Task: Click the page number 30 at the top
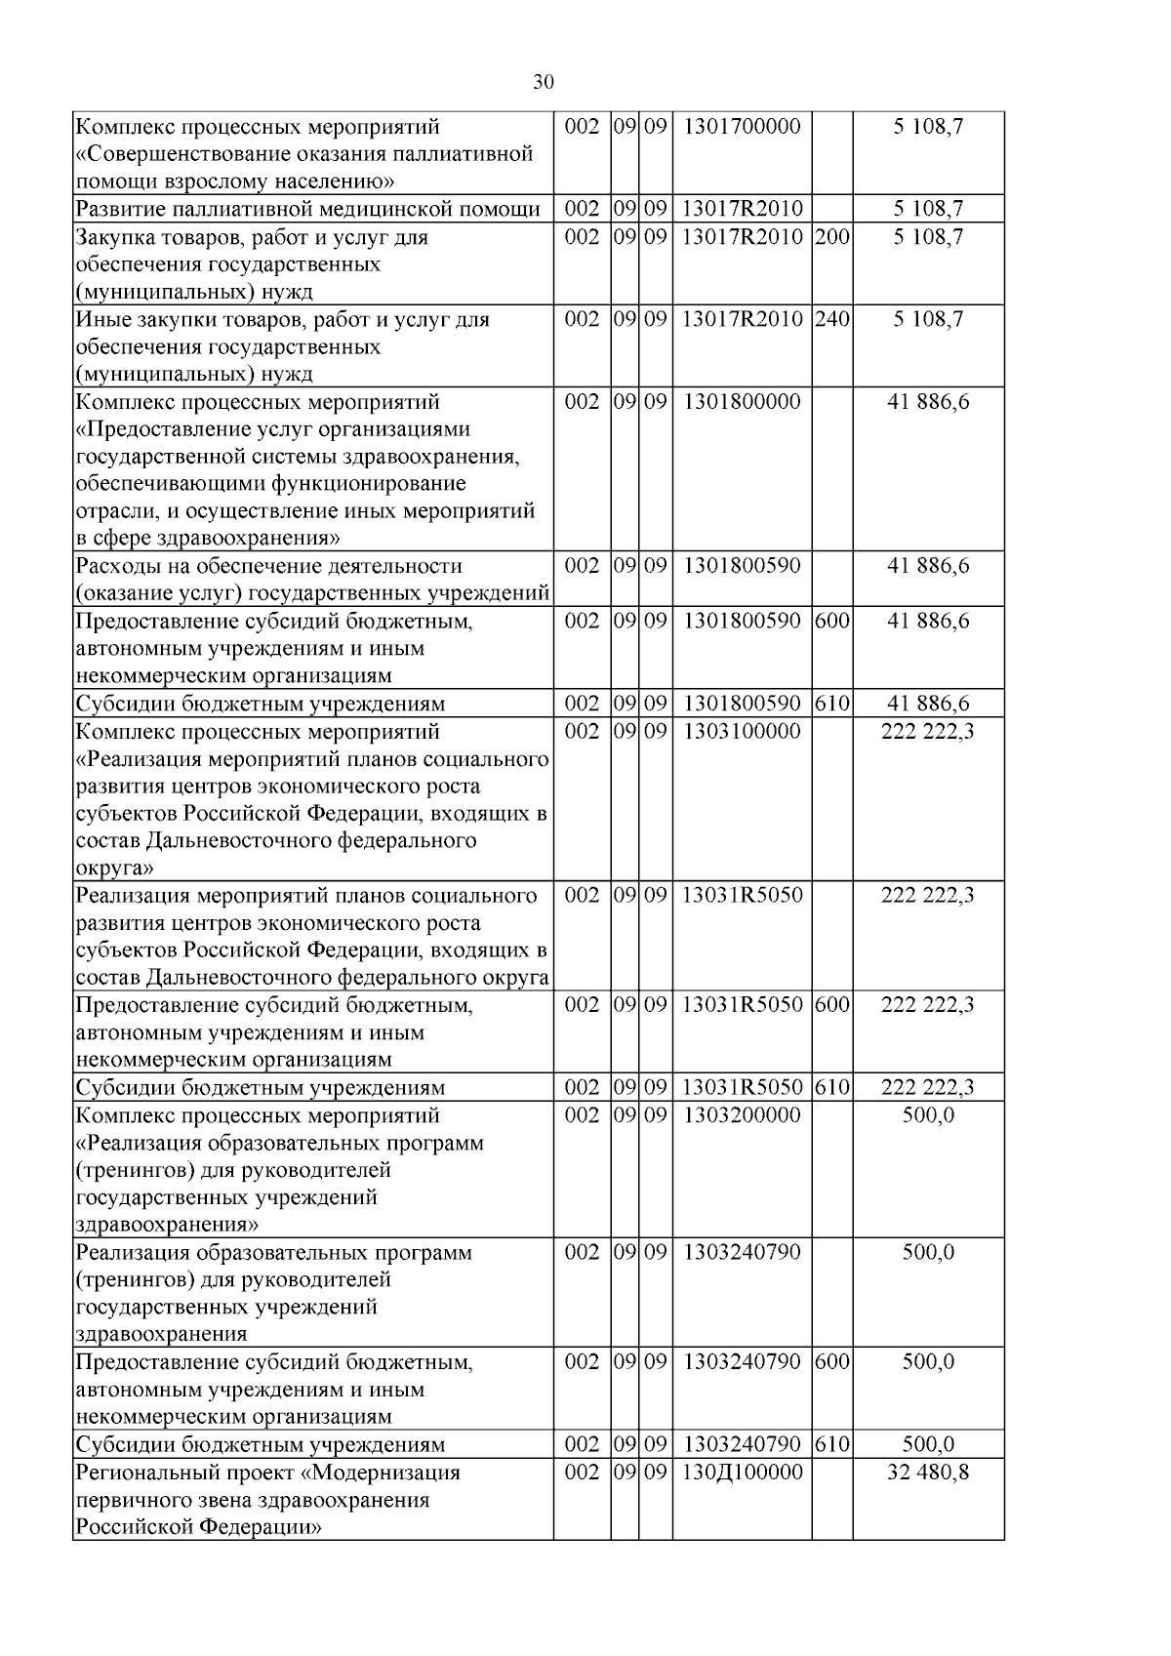click(x=544, y=82)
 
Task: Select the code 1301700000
click(x=742, y=127)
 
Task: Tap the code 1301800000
click(x=742, y=402)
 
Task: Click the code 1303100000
click(x=742, y=732)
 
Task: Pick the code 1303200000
click(x=742, y=1115)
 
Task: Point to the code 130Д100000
click(x=742, y=1473)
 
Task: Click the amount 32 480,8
click(x=927, y=1473)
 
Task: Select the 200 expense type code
click(x=831, y=237)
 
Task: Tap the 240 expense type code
click(x=831, y=319)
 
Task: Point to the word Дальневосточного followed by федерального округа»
click(x=230, y=841)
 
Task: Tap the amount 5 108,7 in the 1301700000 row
click(x=927, y=127)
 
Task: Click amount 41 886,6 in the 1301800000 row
click(x=927, y=402)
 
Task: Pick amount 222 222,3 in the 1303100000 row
click(x=927, y=732)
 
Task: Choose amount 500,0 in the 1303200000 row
click(x=927, y=1115)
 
